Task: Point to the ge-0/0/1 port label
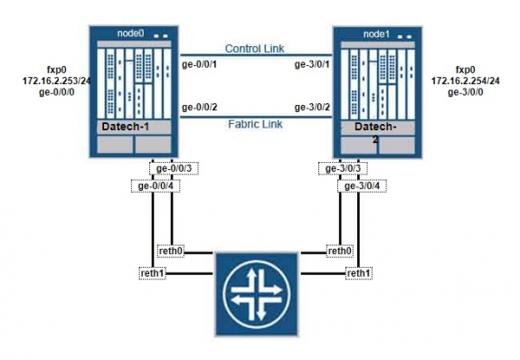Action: (200, 63)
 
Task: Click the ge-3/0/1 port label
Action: (312, 63)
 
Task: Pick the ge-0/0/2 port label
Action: (200, 108)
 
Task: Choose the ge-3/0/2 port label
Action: (312, 108)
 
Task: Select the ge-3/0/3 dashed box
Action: (343, 168)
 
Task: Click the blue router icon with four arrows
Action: (255, 292)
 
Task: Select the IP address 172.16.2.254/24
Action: (465, 81)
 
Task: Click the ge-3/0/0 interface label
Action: (466, 91)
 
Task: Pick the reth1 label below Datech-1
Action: (153, 273)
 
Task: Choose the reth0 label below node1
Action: (338, 251)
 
